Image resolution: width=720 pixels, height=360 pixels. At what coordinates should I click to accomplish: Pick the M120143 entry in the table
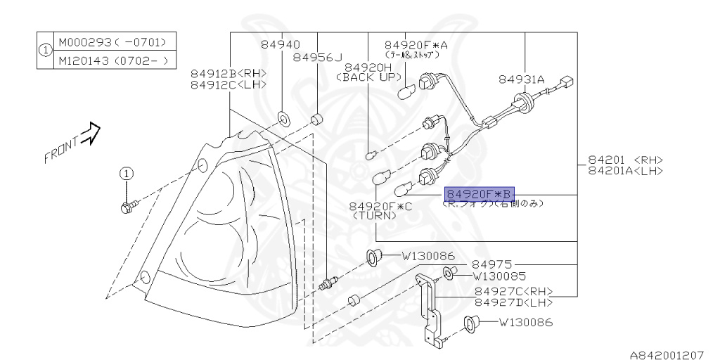click(x=82, y=60)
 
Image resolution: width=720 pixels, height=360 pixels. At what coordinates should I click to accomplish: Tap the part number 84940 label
click(x=281, y=44)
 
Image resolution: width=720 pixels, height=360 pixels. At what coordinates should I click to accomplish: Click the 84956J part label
click(x=317, y=57)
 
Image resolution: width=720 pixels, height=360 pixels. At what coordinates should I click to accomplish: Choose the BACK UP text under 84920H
click(x=368, y=77)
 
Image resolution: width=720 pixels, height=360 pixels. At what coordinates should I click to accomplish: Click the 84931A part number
click(x=522, y=80)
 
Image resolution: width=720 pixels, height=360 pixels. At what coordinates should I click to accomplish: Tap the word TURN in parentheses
click(x=374, y=217)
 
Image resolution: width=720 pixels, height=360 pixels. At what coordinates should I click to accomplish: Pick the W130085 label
click(x=500, y=276)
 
